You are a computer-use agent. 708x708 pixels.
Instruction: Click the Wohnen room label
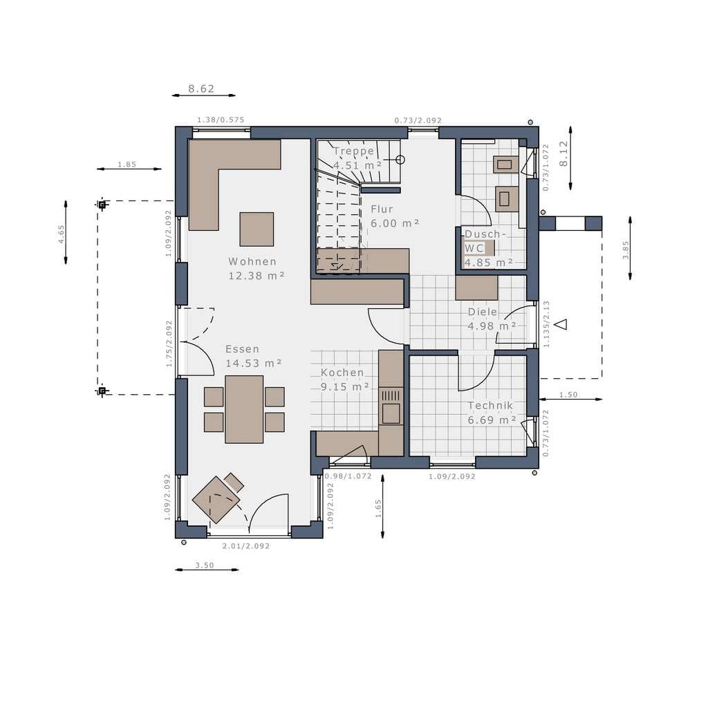[252, 261]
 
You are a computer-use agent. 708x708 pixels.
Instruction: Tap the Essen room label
[243, 349]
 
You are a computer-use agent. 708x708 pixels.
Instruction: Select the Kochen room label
[342, 373]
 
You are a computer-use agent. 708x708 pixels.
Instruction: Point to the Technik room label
[490, 405]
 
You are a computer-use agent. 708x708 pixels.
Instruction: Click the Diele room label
[482, 312]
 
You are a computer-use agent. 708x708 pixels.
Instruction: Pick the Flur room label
[382, 209]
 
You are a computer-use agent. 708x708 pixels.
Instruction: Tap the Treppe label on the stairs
[354, 151]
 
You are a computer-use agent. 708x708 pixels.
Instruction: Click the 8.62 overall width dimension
[201, 88]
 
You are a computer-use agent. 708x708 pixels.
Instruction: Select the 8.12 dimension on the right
[563, 154]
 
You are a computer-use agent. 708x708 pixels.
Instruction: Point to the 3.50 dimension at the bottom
[205, 566]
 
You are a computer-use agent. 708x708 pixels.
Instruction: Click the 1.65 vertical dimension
[378, 508]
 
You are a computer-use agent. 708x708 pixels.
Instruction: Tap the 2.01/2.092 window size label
[245, 546]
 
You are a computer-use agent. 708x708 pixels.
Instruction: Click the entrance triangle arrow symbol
[561, 324]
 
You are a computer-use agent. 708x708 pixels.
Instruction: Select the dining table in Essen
[244, 409]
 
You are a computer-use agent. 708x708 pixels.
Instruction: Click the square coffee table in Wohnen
[257, 230]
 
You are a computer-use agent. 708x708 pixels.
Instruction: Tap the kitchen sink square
[391, 413]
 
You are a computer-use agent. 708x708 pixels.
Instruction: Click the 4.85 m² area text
[489, 262]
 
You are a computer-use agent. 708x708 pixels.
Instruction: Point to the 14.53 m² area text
[254, 363]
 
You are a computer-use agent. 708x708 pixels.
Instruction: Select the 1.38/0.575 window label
[221, 120]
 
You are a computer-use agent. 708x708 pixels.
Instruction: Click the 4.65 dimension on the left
[62, 234]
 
